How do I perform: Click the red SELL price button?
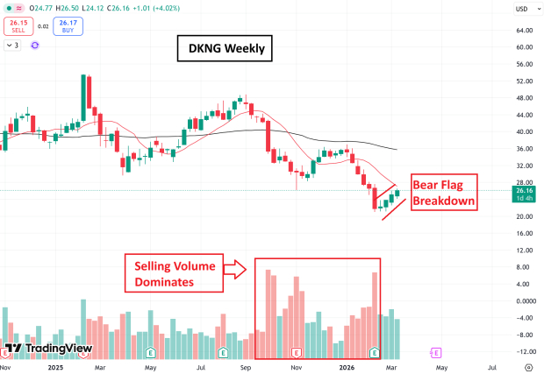[17, 24]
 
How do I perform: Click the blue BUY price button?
[67, 24]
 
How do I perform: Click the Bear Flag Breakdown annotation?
[444, 191]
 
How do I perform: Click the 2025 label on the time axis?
[57, 368]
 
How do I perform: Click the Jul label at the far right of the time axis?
[492, 368]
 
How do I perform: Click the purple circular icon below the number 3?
[34, 44]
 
